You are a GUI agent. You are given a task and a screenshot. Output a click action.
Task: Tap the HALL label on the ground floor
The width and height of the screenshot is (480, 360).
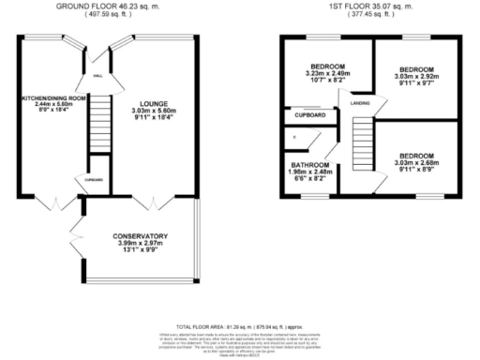pos(98,77)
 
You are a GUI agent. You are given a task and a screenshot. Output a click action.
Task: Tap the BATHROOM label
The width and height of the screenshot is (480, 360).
pos(308,164)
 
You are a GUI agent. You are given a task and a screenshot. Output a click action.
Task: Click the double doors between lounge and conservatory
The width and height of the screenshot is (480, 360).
pos(151,200)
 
